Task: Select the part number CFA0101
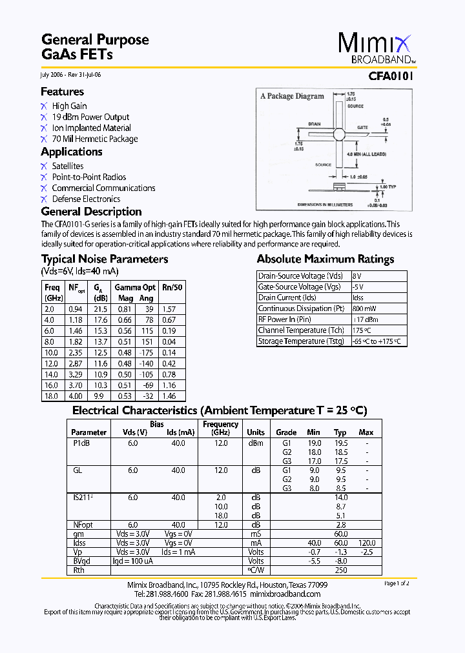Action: coord(391,75)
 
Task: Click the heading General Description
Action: coord(91,212)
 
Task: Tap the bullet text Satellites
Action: coord(68,166)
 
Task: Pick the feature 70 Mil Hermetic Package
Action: coord(95,139)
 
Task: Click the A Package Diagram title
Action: coord(292,96)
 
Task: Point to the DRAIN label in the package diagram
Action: coord(315,123)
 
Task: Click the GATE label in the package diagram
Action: coord(362,128)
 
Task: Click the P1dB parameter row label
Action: coord(81,443)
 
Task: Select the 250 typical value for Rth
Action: coord(340,570)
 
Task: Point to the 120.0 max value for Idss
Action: coord(366,543)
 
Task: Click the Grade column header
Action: coord(286,432)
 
